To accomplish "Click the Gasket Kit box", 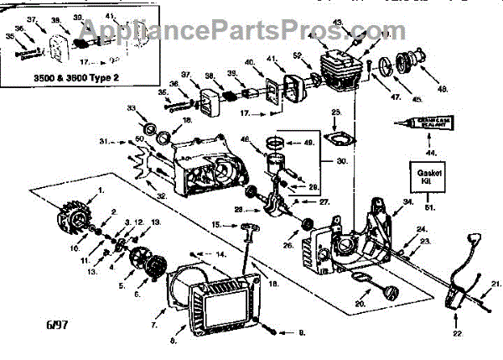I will pyautogui.click(x=422, y=178).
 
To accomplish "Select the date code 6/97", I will pyautogui.click(x=24, y=320).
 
